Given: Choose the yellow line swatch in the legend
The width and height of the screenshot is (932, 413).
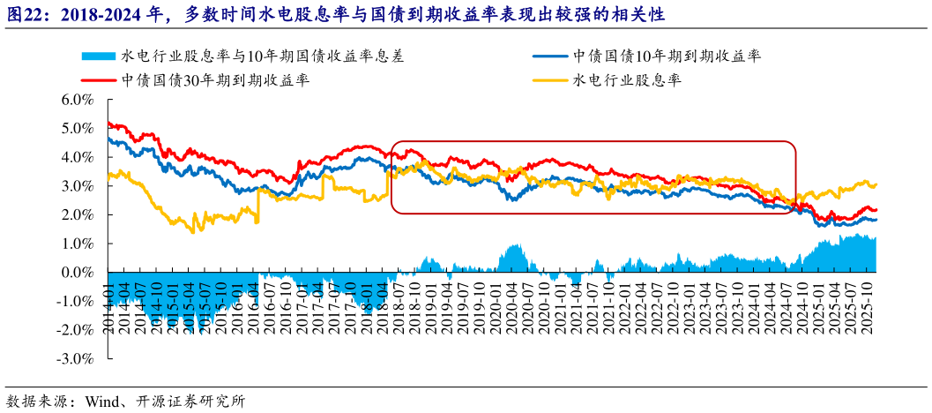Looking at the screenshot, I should [553, 79].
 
